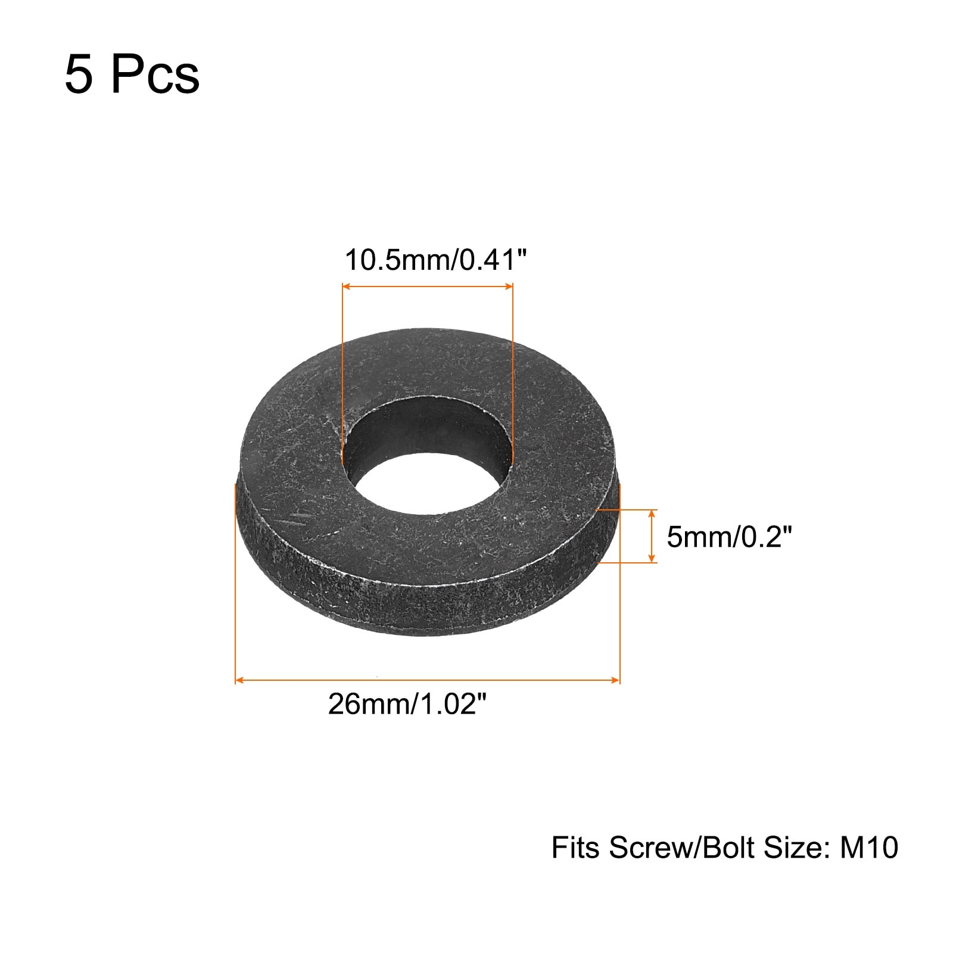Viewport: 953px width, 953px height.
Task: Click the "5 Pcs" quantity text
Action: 132,74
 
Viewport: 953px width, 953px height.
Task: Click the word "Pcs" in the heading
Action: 155,74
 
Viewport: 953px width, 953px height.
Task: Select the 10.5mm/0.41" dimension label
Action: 437,260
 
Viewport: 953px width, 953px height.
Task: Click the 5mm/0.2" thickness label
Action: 729,537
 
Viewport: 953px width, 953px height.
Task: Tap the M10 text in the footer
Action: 869,848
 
